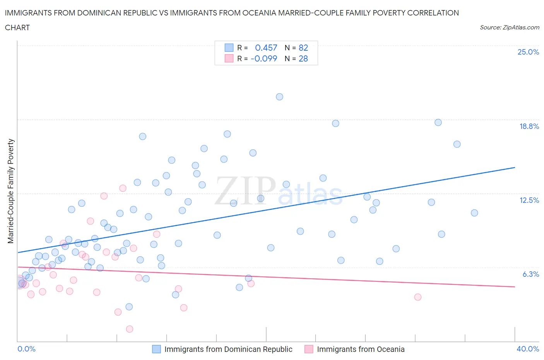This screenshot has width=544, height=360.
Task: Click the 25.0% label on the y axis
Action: [528, 52]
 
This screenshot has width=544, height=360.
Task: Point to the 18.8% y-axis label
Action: [529, 126]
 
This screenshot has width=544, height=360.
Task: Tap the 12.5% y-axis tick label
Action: [529, 200]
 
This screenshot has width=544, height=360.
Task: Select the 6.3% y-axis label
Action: [530, 274]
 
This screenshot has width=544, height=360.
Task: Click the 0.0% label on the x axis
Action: [26, 349]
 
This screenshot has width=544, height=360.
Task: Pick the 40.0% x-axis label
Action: [528, 349]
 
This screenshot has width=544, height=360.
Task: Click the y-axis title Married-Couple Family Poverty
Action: [11, 191]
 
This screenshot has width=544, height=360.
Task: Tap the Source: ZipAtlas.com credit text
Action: [509, 27]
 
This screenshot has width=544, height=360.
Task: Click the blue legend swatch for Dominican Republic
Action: [156, 349]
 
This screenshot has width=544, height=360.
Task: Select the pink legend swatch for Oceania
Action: [309, 349]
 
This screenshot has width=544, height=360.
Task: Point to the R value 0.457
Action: [266, 48]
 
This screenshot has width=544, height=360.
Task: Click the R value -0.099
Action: [264, 58]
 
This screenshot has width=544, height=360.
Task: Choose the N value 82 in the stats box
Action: [303, 48]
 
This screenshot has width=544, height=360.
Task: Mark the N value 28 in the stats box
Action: [303, 58]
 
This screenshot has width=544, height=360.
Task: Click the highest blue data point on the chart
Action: [279, 97]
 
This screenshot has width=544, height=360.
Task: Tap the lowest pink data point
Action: [130, 329]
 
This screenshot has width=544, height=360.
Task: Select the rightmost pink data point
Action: [417, 297]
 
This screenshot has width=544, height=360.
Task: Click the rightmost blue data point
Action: [474, 213]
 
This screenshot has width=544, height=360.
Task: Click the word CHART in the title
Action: [17, 27]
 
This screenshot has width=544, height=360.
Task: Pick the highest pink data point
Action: [123, 188]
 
